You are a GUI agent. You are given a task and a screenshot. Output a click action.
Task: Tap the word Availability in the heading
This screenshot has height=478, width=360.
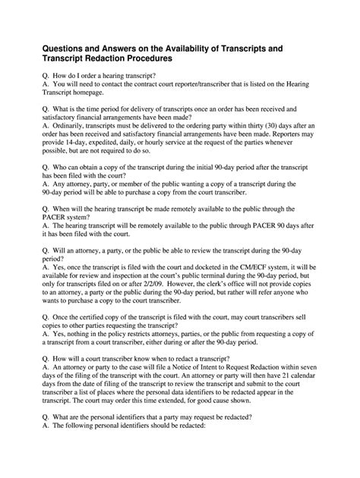click(210, 48)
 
